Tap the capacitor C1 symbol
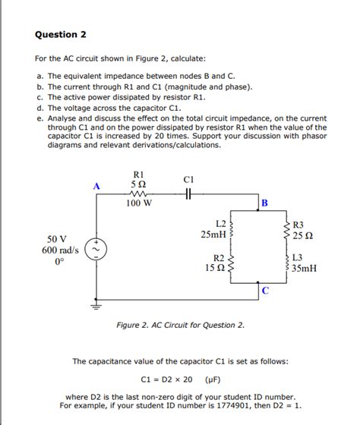tap(191, 194)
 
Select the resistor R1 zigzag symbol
tap(139, 194)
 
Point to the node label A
tap(96, 184)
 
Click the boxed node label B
tap(264, 203)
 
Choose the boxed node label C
tap(264, 291)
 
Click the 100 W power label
tap(139, 204)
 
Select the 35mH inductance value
tap(304, 269)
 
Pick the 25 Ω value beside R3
tap(303, 235)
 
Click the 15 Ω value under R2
tap(213, 269)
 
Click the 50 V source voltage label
tap(58, 238)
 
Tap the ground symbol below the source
tap(96, 307)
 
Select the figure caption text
tap(180, 326)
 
